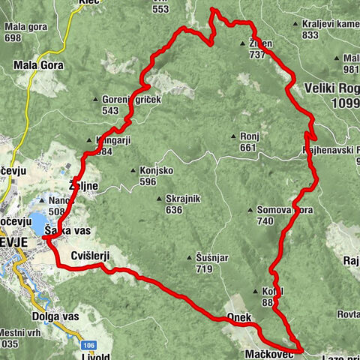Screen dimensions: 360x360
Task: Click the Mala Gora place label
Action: point(38,65)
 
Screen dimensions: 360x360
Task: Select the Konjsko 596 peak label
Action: point(156,175)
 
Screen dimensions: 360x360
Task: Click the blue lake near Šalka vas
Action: point(37,223)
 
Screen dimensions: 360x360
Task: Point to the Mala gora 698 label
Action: point(22,31)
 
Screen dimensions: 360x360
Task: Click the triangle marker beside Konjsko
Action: point(133,170)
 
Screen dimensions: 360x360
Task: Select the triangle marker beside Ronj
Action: point(234,136)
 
